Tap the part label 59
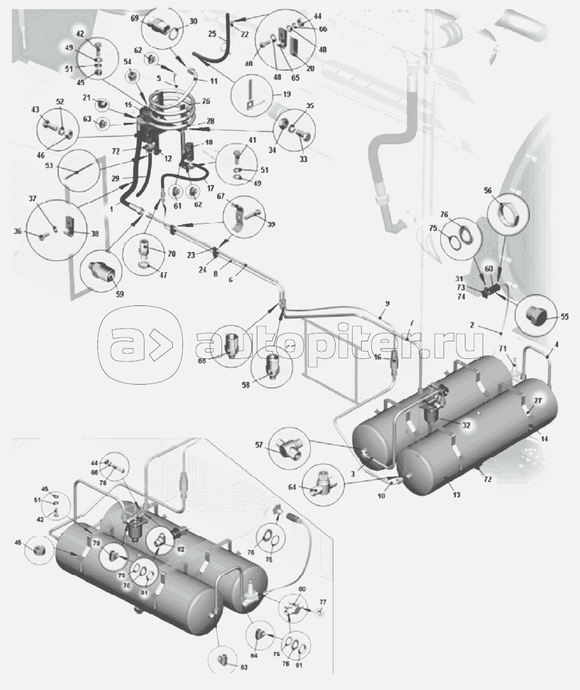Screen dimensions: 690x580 coord(119,293)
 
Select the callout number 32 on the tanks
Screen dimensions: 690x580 coord(467,426)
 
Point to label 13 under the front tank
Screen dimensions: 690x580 coord(456,495)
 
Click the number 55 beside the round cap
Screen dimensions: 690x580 coord(564,317)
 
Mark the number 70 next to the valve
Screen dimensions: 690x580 coord(171,255)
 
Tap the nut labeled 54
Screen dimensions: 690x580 coord(129,77)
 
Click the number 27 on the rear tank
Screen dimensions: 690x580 coord(538,401)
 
